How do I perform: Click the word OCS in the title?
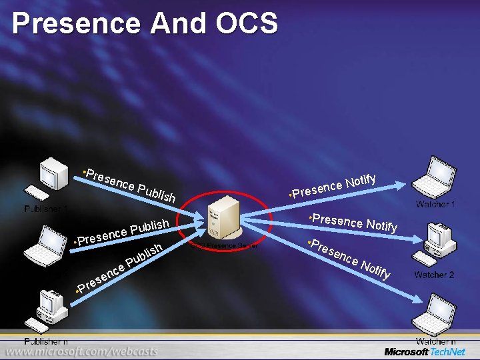(x=246, y=24)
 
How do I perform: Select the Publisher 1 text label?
(x=46, y=209)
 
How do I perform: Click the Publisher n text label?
(x=46, y=341)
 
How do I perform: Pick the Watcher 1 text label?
(x=435, y=204)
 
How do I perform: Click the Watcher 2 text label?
(x=434, y=275)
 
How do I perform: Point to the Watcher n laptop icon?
(x=436, y=313)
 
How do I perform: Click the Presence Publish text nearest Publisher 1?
(x=129, y=183)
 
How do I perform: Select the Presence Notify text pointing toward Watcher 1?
(x=335, y=186)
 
